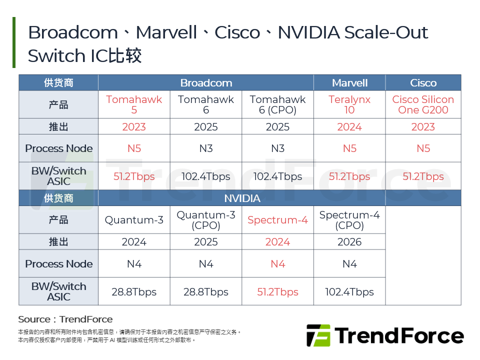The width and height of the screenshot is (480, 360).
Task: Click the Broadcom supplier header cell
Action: pos(206,83)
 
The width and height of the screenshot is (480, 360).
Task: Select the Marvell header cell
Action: pos(349,83)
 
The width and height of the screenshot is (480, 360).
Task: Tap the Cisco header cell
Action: pos(423,83)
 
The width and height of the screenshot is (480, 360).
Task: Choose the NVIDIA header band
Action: pos(242,198)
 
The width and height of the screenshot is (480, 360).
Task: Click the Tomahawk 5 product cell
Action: pos(134,104)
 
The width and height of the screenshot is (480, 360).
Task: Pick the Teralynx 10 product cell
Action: pos(349,104)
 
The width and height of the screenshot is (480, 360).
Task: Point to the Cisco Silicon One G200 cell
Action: pos(423,104)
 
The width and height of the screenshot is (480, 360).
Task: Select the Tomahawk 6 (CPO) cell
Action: pos(277,104)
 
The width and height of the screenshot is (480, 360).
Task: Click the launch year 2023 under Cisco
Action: pos(423,127)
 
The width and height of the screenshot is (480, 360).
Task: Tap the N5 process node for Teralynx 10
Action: pos(349,148)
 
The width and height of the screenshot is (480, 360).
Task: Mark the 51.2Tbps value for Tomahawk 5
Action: pos(134,176)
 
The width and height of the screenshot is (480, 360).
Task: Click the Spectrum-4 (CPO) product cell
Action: pos(349,220)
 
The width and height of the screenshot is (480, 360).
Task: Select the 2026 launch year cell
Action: pos(349,242)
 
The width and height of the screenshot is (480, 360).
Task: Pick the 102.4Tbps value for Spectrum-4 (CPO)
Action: pos(349,292)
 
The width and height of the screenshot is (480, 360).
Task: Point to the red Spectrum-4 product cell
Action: pos(277,220)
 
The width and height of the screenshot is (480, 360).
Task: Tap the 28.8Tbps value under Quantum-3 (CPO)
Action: pos(206,292)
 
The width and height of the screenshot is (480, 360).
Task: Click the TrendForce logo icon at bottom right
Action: pos(318,335)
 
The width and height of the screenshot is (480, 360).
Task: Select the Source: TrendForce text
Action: pos(65,319)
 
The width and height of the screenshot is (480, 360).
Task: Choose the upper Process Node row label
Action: pos(59,148)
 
